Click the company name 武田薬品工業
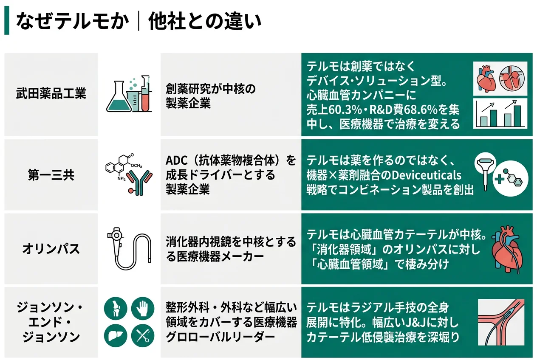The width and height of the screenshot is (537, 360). (x=51, y=93)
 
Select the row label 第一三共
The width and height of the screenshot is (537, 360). (x=51, y=175)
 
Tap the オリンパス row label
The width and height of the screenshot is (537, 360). (x=51, y=249)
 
